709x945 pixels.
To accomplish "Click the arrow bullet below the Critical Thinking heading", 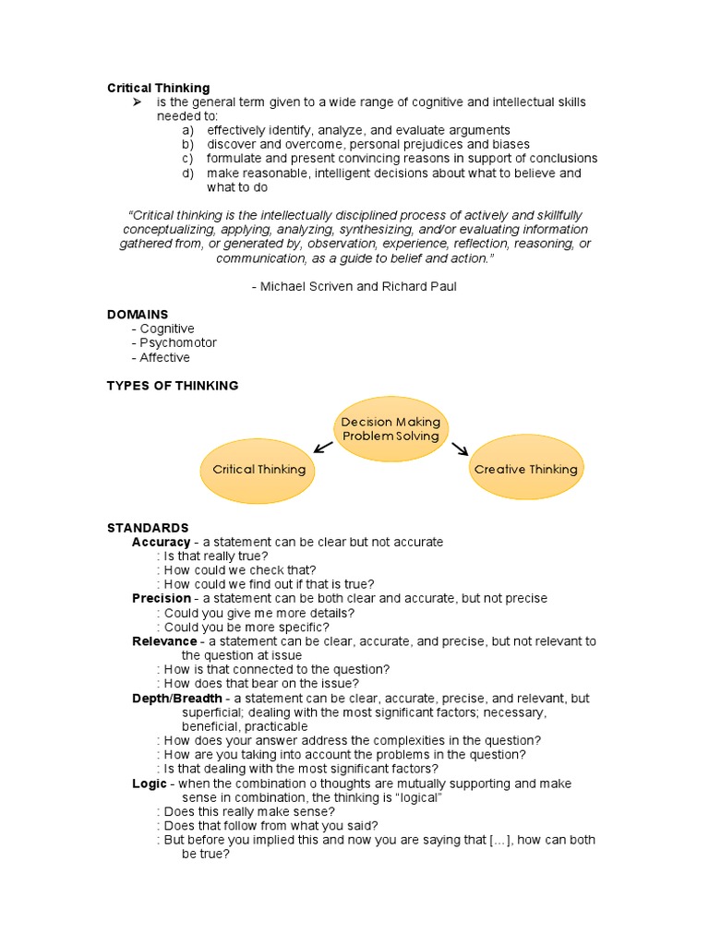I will [137, 102].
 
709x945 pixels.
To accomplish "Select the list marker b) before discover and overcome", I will [187, 144].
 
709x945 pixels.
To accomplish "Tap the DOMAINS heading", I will [138, 315].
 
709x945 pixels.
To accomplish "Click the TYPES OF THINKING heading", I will [173, 386].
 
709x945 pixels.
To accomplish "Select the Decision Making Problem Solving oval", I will [391, 429].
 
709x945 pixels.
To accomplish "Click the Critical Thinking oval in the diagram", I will [258, 469].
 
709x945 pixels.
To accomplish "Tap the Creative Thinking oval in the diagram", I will [525, 469].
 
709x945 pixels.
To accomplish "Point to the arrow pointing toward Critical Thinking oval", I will [323, 448].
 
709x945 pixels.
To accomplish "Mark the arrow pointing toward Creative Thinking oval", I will [459, 449].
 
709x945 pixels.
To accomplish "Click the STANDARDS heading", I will [148, 528].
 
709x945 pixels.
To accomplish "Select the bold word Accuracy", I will [161, 542].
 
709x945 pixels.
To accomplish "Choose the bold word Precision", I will [162, 599].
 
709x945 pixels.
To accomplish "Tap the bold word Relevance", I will [164, 641].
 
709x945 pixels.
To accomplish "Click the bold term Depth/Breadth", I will [177, 699].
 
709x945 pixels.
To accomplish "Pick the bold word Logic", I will [150, 784].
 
